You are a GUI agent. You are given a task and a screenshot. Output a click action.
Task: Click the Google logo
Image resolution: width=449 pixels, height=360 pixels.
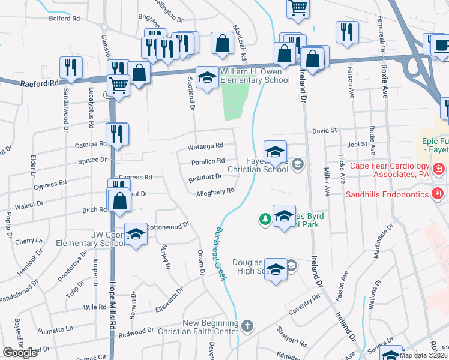pos(20,353)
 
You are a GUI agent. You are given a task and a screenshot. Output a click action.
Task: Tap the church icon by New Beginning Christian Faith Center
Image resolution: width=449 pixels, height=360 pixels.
pos(247,326)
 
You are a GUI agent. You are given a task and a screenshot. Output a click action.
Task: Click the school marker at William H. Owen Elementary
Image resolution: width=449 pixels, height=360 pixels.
pos(207,78)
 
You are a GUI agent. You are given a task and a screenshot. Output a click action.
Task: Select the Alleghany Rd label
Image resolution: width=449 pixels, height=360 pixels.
pos(214,192)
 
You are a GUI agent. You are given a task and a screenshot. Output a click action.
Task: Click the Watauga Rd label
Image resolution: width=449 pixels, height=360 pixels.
pos(206,145)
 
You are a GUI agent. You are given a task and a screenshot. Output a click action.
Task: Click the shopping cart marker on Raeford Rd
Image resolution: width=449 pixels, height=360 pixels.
pos(118,86)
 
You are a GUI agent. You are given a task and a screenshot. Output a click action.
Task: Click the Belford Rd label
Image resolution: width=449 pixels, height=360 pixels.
pos(64,19)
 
